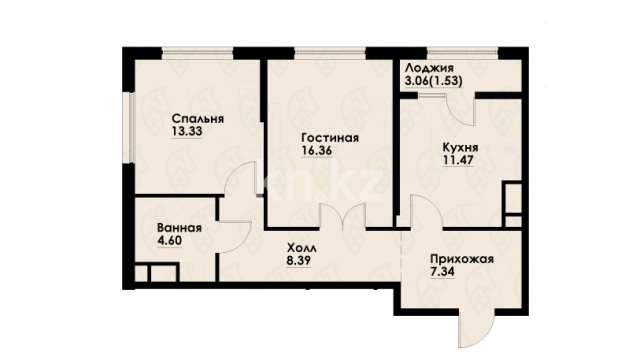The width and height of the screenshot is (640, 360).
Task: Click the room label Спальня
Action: [198, 119]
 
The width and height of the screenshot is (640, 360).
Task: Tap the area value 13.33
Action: [187, 131]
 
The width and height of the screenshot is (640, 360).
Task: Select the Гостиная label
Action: [330, 138]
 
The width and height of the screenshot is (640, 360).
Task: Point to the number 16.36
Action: [317, 151]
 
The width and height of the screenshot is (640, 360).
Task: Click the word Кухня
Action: [460, 147]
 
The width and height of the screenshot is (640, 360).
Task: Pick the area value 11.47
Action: [458, 160]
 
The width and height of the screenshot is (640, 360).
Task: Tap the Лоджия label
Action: [429, 69]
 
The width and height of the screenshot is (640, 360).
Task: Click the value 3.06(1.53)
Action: [433, 81]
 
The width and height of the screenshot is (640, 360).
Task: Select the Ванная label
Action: [180, 228]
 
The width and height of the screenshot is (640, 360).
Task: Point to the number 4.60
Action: [169, 240]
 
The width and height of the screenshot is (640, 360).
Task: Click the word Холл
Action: [302, 248]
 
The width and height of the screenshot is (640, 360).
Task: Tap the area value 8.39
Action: [299, 260]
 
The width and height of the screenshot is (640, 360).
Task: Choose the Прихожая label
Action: [462, 259]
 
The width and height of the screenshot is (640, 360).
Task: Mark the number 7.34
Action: [442, 271]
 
